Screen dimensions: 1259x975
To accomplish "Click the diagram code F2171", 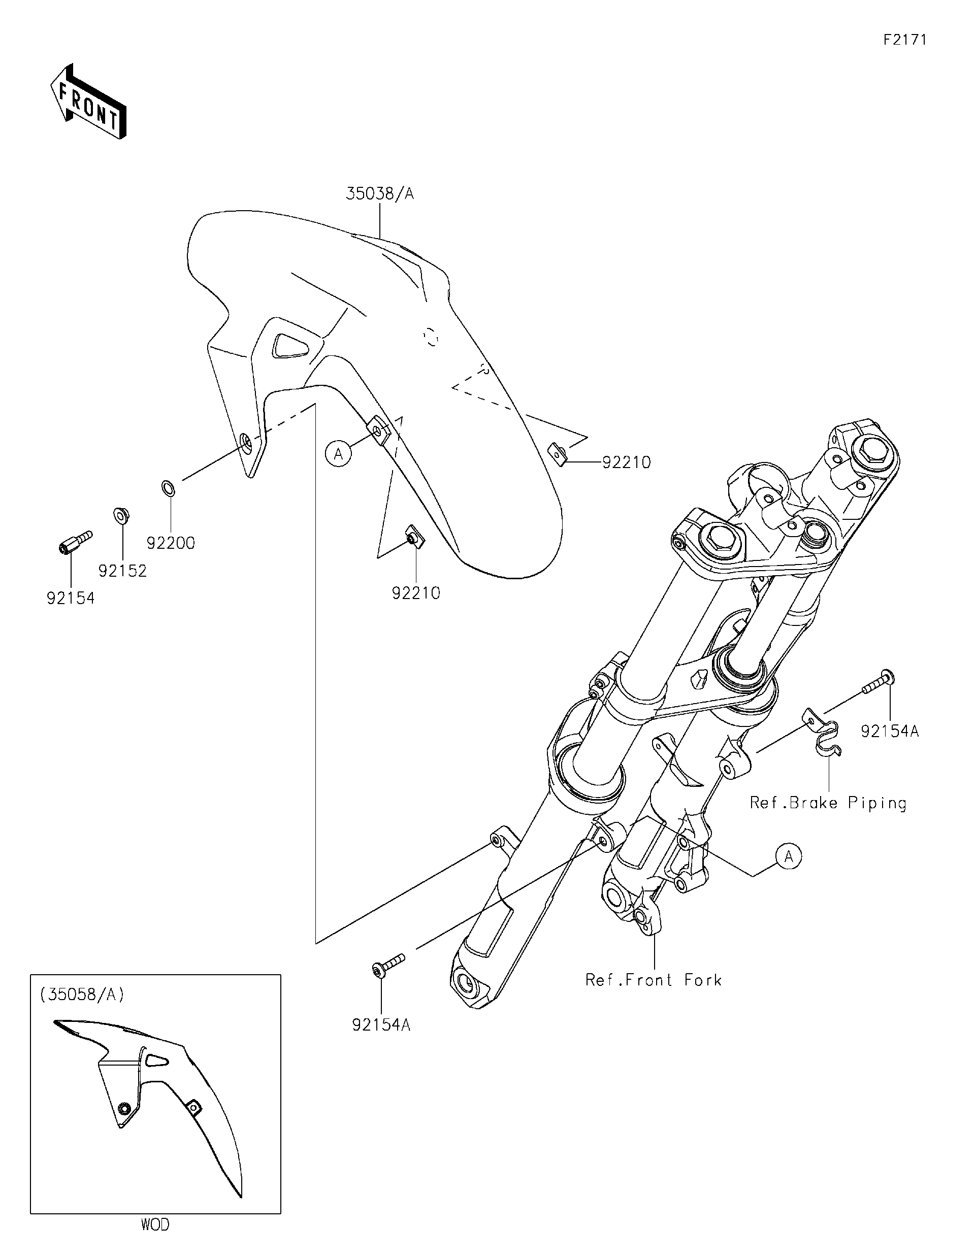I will [x=904, y=40].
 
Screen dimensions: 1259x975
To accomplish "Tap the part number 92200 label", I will [x=171, y=543].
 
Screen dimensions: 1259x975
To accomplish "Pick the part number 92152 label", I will [x=122, y=571].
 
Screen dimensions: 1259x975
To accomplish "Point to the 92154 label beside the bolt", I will [x=71, y=599].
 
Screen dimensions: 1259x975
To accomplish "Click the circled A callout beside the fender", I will [x=338, y=454].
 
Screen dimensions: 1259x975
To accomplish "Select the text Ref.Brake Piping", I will [x=828, y=803].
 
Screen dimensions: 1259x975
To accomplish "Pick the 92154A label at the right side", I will [x=890, y=732].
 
